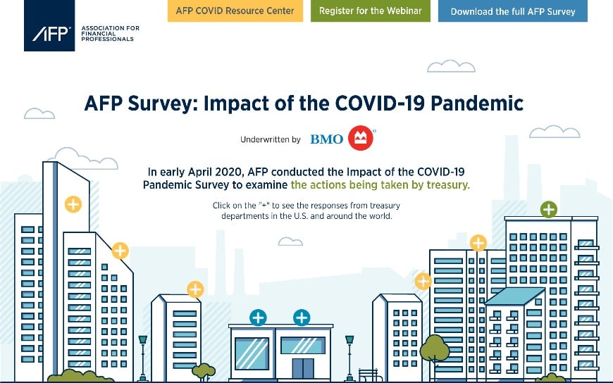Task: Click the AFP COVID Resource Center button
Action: (x=235, y=11)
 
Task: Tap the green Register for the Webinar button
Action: (x=370, y=11)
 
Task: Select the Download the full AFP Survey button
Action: (x=512, y=11)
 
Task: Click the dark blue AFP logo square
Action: (x=49, y=25)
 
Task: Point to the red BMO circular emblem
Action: (x=361, y=138)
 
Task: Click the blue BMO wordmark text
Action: (x=326, y=139)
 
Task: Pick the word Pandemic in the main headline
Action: (x=477, y=103)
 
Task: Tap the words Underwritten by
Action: (x=270, y=139)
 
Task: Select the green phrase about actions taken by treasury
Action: (x=380, y=184)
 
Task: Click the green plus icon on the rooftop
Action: (x=548, y=210)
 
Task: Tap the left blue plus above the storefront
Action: (x=258, y=318)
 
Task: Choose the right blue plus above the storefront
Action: (x=302, y=318)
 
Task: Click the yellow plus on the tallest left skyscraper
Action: (x=73, y=204)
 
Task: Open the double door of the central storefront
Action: (x=303, y=368)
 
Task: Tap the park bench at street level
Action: (x=369, y=375)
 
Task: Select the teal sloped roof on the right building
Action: (x=514, y=296)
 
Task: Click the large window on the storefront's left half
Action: (x=252, y=353)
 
